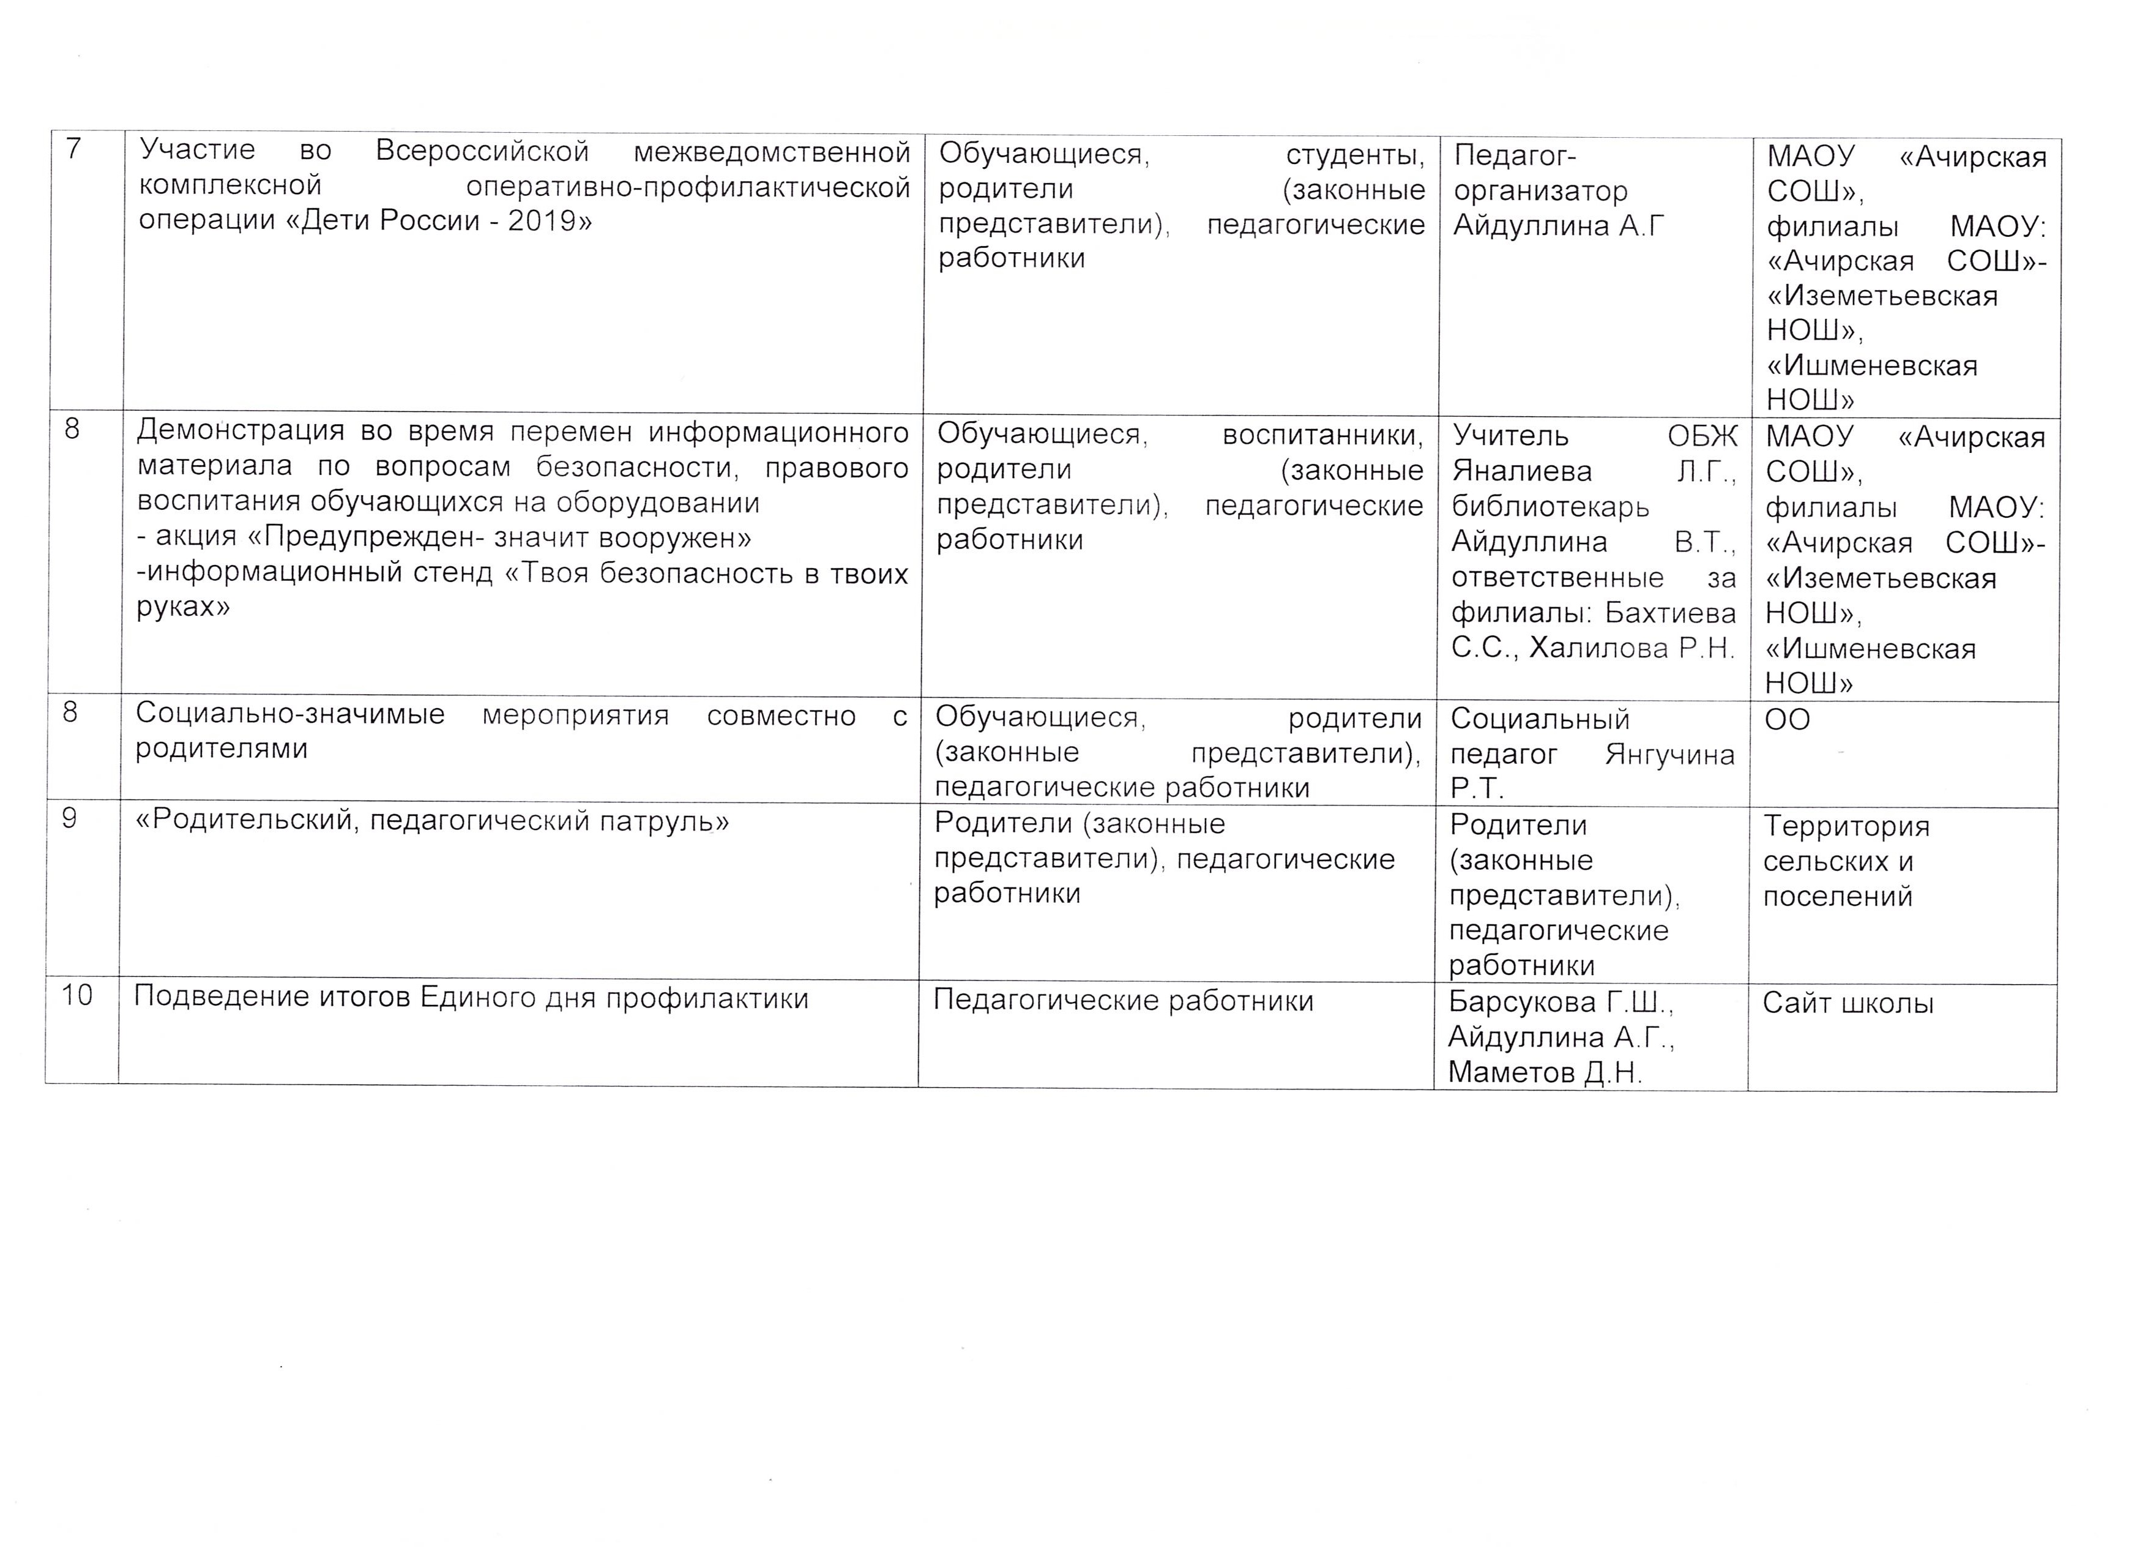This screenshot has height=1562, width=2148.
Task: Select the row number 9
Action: pyautogui.click(x=69, y=818)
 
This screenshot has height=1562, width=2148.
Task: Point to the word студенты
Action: pyautogui.click(x=1354, y=154)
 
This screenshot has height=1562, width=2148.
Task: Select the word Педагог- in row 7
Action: pyautogui.click(x=1515, y=155)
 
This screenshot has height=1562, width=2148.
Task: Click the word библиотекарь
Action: pyautogui.click(x=1550, y=507)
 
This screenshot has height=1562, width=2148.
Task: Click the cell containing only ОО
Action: pyautogui.click(x=1787, y=720)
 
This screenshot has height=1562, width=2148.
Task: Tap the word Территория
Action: pyautogui.click(x=1846, y=826)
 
